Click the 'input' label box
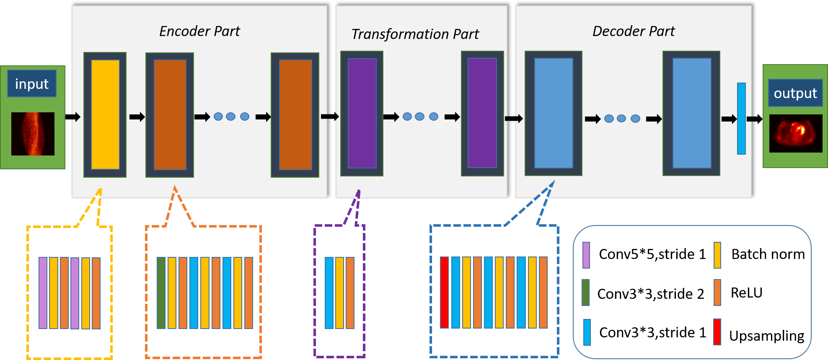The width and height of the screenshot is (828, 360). pyautogui.click(x=32, y=84)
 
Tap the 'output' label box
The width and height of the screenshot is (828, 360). pyautogui.click(x=795, y=93)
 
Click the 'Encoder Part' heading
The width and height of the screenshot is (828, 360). pyautogui.click(x=199, y=31)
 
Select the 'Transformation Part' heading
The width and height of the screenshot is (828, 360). pyautogui.click(x=415, y=34)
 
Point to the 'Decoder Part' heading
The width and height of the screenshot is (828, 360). pyautogui.click(x=633, y=31)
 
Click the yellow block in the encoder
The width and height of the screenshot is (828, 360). pyautogui.click(x=105, y=114)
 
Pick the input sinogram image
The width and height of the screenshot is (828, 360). pyautogui.click(x=33, y=134)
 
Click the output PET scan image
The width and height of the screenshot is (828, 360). pyautogui.click(x=795, y=133)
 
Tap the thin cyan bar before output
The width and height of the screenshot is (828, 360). pyautogui.click(x=741, y=119)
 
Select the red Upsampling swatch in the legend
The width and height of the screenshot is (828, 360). pyautogui.click(x=717, y=332)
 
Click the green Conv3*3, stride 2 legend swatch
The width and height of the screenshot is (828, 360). pyautogui.click(x=586, y=293)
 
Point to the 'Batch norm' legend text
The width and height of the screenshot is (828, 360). pyautogui.click(x=768, y=254)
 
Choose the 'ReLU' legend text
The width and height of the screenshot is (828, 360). pyautogui.click(x=746, y=293)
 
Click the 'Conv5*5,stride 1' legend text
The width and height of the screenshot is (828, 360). pyautogui.click(x=652, y=254)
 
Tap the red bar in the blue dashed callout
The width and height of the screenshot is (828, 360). pyautogui.click(x=444, y=292)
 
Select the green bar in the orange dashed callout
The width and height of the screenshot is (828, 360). pyautogui.click(x=161, y=293)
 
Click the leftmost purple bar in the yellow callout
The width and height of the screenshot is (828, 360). pyautogui.click(x=43, y=293)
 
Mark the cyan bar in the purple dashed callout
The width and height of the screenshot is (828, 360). pyautogui.click(x=329, y=293)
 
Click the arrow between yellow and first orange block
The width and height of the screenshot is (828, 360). pyautogui.click(x=137, y=117)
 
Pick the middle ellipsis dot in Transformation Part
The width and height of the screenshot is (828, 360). pyautogui.click(x=419, y=117)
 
